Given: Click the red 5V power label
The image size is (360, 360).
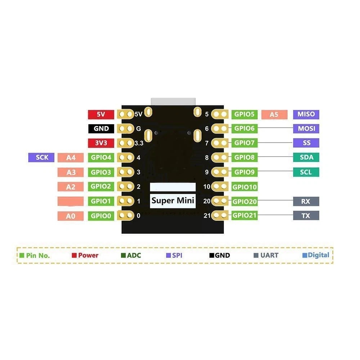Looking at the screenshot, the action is coord(101,114).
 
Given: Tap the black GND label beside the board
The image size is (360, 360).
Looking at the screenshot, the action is coord(101,129).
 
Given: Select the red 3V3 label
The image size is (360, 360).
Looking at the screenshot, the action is coord(101,143).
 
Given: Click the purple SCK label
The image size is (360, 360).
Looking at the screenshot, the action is coord(41,158).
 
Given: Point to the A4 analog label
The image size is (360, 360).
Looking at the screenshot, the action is coord(71,158).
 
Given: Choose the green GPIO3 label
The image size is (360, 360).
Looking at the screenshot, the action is coord(101,172).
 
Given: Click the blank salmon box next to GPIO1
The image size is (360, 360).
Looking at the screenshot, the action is coord(71,201).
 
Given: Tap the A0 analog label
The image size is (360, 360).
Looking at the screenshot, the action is coord(71,216).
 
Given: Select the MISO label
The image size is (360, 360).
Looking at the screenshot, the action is coord(306,114).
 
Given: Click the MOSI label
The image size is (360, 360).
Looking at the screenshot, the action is coord(306,129).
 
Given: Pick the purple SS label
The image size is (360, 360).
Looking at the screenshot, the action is coord(306,143).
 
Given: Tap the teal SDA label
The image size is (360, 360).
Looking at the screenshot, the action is coord(306,157).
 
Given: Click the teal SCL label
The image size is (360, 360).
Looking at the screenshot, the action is coord(306,172).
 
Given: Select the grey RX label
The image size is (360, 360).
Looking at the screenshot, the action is coord(306,201).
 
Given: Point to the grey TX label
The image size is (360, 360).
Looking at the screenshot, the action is coord(306,216).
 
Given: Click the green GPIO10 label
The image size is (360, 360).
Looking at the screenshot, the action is coord(244,187).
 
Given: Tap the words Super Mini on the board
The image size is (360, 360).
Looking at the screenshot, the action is coord(173,201).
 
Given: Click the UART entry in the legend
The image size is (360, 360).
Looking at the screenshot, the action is coord(266,255).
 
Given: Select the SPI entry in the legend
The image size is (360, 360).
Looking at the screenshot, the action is coord(174,255).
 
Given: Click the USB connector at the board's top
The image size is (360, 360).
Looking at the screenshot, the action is coord(174,102).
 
